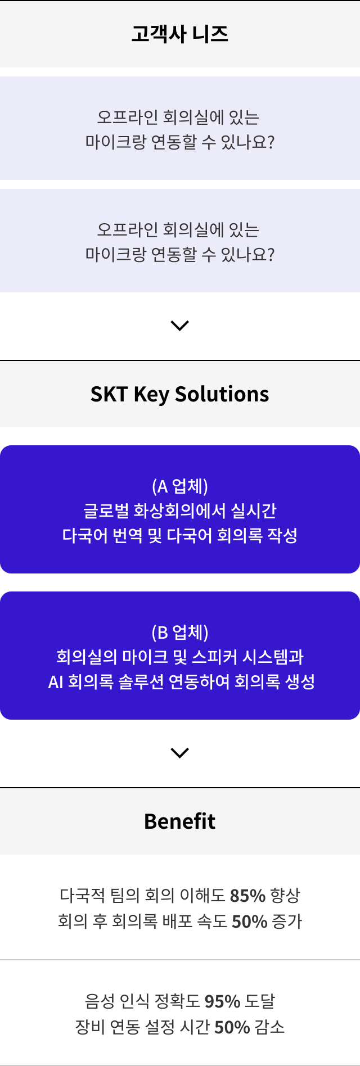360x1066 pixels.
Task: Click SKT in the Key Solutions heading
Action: pyautogui.click(x=109, y=394)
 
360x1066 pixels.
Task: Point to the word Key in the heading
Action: pyautogui.click(x=151, y=395)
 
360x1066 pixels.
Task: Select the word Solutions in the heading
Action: pyautogui.click(x=222, y=394)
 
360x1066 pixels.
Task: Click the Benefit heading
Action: pyautogui.click(x=180, y=821)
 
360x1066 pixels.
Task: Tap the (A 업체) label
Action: pyautogui.click(x=180, y=486)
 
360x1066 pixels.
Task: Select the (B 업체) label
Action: pyautogui.click(x=180, y=632)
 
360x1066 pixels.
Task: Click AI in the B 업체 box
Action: pyautogui.click(x=56, y=682)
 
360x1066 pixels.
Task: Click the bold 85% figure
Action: pyautogui.click(x=247, y=895)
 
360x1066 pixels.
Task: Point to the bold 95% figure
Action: pyautogui.click(x=222, y=1001)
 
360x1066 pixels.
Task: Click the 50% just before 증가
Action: pyautogui.click(x=249, y=921)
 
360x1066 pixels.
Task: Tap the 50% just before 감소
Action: pyautogui.click(x=232, y=1027)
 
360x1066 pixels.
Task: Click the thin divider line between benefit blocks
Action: pyautogui.click(x=180, y=959)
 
